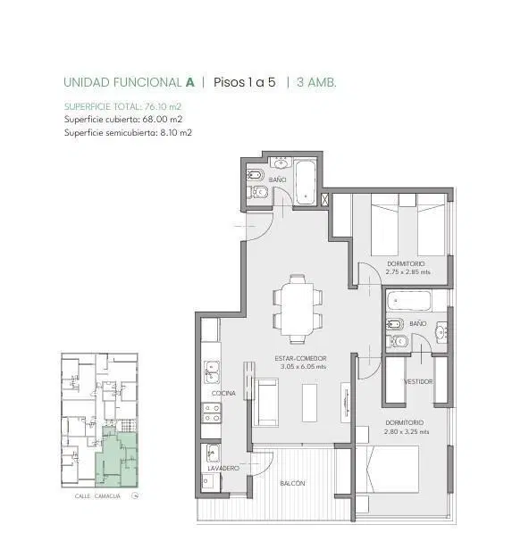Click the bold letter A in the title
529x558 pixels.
click(190, 82)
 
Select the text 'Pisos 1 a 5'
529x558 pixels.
click(244, 82)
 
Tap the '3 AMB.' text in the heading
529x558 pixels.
click(316, 82)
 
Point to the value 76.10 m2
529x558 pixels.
click(163, 106)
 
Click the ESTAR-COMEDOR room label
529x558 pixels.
click(300, 358)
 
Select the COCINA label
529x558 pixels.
click(223, 393)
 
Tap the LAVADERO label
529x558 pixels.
click(223, 469)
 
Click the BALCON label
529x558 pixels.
click(292, 483)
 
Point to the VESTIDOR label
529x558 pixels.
click(418, 381)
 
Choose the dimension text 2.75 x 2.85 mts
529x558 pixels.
click(407, 272)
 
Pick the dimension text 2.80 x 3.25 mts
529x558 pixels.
click(407, 431)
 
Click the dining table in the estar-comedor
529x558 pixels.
click(297, 309)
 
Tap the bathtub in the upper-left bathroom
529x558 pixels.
click(306, 182)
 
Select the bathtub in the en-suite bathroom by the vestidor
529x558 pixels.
click(409, 301)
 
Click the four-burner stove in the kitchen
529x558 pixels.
click(212, 412)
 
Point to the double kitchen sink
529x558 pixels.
click(212, 372)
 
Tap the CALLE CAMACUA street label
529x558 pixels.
click(97, 496)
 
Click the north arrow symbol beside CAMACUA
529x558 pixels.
click(135, 496)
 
